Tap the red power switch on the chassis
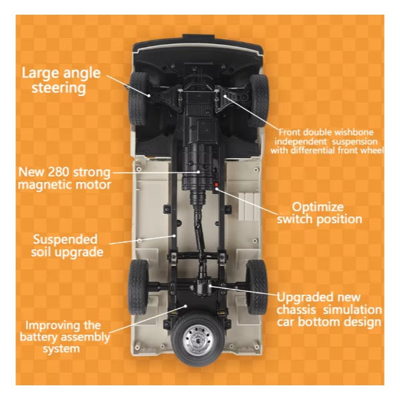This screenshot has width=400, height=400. tap(217, 184)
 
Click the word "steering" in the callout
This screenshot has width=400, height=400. tap(59, 88)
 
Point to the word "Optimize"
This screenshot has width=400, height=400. tap(318, 207)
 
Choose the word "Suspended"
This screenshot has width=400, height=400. tap(65, 240)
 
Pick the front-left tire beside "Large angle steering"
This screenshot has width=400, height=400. tap(138, 99)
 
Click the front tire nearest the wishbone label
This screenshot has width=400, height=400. tap(259, 101)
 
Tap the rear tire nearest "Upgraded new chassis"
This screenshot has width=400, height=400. tap(257, 287)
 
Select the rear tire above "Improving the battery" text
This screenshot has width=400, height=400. tap(138, 287)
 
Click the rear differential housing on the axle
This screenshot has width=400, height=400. tap(203, 287)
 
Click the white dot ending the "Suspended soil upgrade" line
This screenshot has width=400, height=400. tap(174, 236)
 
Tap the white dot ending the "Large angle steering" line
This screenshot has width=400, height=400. tap(149, 95)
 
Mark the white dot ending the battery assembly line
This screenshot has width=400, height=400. tap(186, 306)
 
